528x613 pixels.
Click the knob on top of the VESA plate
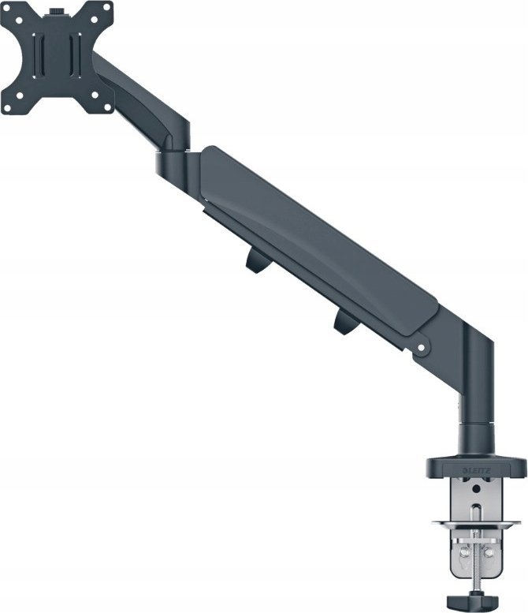tap(58, 12)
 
